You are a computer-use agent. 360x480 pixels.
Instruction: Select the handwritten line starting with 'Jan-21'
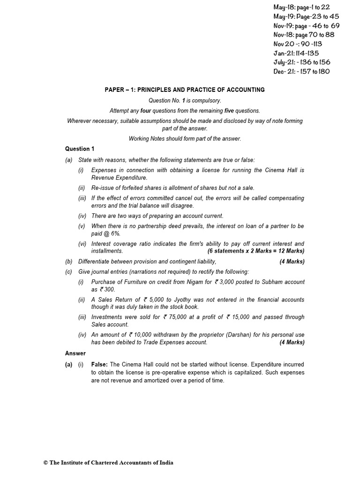click(x=296, y=53)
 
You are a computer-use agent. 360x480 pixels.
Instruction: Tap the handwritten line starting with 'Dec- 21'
click(x=301, y=72)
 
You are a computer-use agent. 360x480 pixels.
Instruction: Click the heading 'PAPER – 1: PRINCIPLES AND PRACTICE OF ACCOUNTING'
click(x=185, y=90)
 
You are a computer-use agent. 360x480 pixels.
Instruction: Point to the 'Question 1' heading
click(x=79, y=149)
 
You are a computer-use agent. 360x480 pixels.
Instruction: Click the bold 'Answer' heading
click(x=75, y=353)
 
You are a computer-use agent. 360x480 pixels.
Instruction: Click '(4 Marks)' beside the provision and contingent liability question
click(x=292, y=262)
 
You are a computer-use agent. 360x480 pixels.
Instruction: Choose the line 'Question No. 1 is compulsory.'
click(x=185, y=100)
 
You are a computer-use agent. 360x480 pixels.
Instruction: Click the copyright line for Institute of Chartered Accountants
click(x=108, y=463)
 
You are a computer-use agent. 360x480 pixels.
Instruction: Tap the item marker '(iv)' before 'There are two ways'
click(x=82, y=216)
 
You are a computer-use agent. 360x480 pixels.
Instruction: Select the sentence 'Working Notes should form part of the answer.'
click(x=185, y=138)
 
